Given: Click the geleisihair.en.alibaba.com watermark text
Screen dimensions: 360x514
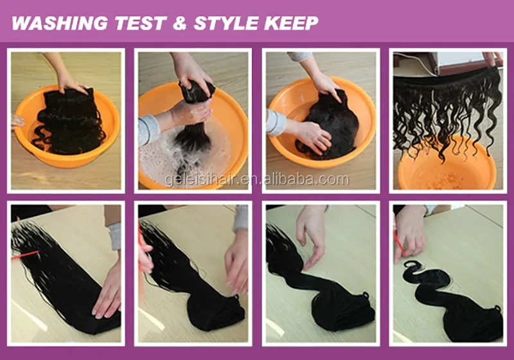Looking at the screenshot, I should click(256, 179).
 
